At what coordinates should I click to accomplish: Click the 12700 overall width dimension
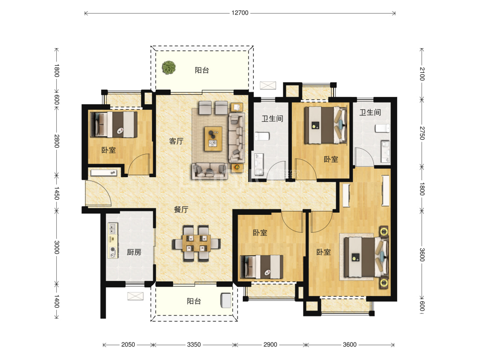pyautogui.click(x=240, y=13)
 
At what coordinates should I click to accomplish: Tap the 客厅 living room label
pyautogui.click(x=176, y=141)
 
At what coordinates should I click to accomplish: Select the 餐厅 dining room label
pyautogui.click(x=181, y=210)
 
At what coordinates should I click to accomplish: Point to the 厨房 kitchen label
pyautogui.click(x=134, y=252)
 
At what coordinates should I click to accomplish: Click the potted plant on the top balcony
pyautogui.click(x=169, y=67)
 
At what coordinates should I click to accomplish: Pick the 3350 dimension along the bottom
pyautogui.click(x=194, y=345)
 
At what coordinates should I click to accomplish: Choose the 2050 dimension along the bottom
pyautogui.click(x=128, y=345)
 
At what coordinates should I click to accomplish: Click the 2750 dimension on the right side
pyautogui.click(x=422, y=133)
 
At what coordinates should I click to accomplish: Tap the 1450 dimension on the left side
pyautogui.click(x=57, y=193)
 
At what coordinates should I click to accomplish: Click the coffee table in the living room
pyautogui.click(x=213, y=139)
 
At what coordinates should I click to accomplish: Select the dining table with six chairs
pyautogui.click(x=196, y=243)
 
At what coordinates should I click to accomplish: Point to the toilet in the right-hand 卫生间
pyautogui.click(x=383, y=128)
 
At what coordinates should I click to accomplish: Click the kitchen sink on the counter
pyautogui.click(x=113, y=228)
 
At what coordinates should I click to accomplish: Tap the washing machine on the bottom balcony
pyautogui.click(x=226, y=300)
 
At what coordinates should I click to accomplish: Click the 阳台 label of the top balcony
pyautogui.click(x=202, y=70)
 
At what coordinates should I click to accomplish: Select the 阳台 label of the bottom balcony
pyautogui.click(x=194, y=301)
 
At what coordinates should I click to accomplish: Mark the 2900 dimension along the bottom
pyautogui.click(x=271, y=345)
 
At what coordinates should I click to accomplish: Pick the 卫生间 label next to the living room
pyautogui.click(x=272, y=119)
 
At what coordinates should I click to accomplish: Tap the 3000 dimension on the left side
pyautogui.click(x=57, y=247)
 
